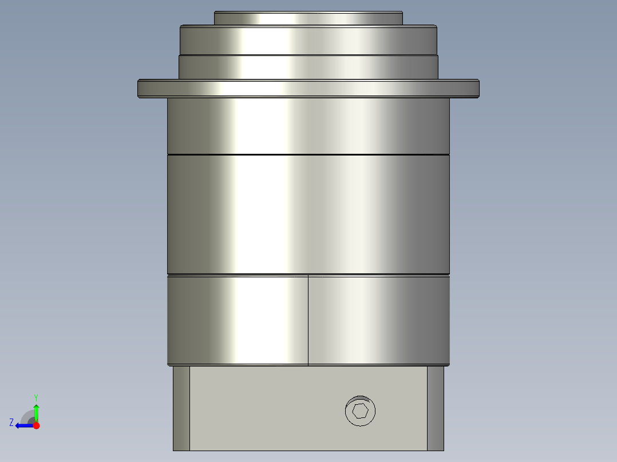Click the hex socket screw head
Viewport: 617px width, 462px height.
click(x=361, y=411)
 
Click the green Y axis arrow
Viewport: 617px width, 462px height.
click(x=36, y=411)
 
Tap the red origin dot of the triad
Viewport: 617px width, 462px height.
click(x=36, y=425)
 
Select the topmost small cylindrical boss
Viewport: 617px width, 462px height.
click(x=308, y=18)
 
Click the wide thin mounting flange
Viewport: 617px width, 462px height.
click(x=308, y=88)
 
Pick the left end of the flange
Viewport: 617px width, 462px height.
click(x=143, y=88)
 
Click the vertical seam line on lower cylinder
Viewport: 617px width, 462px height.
click(x=308, y=320)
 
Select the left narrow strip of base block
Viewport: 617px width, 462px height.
click(x=181, y=408)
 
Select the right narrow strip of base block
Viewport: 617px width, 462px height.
click(x=436, y=408)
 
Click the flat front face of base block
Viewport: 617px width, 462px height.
click(x=263, y=408)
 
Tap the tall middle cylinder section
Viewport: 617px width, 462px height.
click(x=308, y=214)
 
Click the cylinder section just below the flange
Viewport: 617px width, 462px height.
click(x=308, y=126)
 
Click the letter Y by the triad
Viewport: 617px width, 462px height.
click(x=36, y=396)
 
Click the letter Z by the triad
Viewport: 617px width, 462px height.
click(x=11, y=422)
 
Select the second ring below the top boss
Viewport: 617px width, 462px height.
click(x=308, y=40)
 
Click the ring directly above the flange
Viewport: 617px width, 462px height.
click(x=308, y=67)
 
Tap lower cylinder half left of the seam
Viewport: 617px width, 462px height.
click(x=238, y=320)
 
